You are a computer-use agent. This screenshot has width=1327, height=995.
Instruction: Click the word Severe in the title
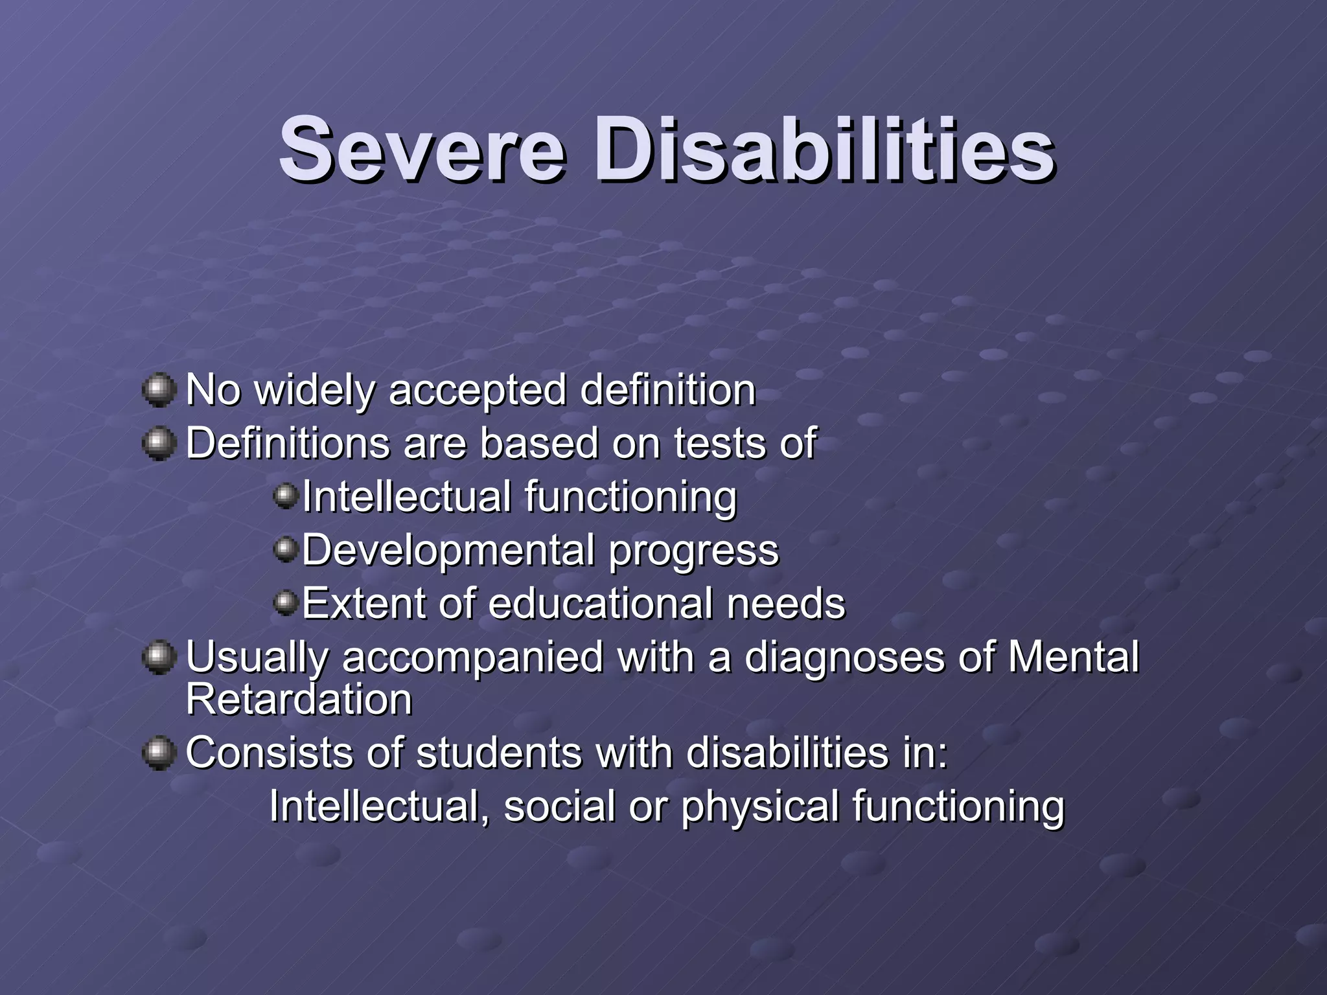pos(422,150)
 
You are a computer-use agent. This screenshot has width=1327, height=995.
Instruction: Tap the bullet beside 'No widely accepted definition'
pos(159,390)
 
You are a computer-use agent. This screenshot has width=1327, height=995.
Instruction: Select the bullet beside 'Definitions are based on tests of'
pos(159,444)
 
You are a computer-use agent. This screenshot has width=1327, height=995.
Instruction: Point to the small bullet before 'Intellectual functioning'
pos(285,497)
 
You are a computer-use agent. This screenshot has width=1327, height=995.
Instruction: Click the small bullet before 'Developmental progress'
pos(285,551)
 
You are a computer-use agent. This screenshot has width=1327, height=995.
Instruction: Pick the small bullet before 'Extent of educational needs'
pos(285,604)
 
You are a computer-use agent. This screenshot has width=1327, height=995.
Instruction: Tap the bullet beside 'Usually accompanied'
pos(159,658)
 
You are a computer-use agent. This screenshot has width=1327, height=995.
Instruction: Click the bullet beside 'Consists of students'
pos(159,753)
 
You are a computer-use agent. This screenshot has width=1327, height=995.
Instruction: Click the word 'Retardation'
pos(299,700)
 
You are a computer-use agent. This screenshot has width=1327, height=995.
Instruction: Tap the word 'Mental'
pos(1073,658)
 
